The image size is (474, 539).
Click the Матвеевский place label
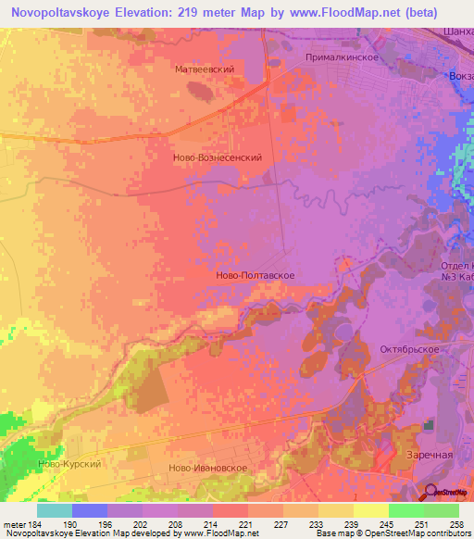[204, 69]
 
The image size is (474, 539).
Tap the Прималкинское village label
[342, 57]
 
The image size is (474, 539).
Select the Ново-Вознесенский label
[218, 157]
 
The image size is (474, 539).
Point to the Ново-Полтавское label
[255, 275]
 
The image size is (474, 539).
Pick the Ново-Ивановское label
[208, 469]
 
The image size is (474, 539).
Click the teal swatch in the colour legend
[55, 509]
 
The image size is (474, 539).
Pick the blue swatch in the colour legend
[90, 509]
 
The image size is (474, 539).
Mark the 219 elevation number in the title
[201, 12]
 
